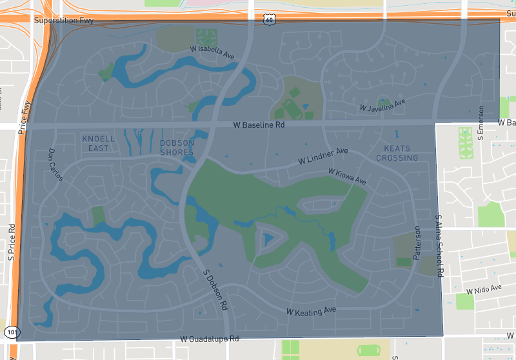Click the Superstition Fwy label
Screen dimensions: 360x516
pyautogui.click(x=64, y=21)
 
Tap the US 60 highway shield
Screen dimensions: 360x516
pyautogui.click(x=268, y=21)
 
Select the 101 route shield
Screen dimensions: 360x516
pyautogui.click(x=12, y=332)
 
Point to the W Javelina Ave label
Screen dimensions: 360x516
pyautogui.click(x=382, y=105)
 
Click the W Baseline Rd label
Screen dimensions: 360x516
pyautogui.click(x=259, y=125)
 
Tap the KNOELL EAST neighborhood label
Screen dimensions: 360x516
pyautogui.click(x=99, y=143)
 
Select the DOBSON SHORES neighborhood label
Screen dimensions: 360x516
pyautogui.click(x=177, y=148)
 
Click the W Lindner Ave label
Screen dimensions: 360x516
pyautogui.click(x=322, y=156)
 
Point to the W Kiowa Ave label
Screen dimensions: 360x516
pyautogui.click(x=346, y=177)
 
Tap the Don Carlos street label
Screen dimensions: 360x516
pyautogui.click(x=55, y=165)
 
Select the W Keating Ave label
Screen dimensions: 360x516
pyautogui.click(x=312, y=311)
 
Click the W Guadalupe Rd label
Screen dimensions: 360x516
pyautogui.click(x=210, y=339)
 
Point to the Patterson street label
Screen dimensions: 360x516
pyautogui.click(x=417, y=242)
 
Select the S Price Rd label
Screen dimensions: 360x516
pyautogui.click(x=12, y=242)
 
